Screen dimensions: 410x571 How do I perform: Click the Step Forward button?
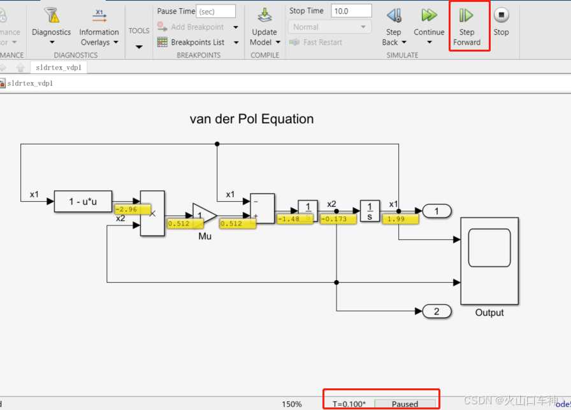point(466,26)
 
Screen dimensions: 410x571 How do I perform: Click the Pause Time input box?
point(216,11)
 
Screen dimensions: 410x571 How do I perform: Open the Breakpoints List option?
point(197,42)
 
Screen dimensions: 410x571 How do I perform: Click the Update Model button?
point(264,26)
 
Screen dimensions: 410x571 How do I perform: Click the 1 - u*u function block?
point(84,201)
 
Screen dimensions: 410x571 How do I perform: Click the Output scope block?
point(489,260)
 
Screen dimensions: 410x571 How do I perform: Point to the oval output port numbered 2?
point(437,311)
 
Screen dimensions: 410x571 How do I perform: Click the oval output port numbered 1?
point(437,211)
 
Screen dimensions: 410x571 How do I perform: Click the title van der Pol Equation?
point(252,119)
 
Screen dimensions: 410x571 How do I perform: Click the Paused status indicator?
point(405,404)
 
